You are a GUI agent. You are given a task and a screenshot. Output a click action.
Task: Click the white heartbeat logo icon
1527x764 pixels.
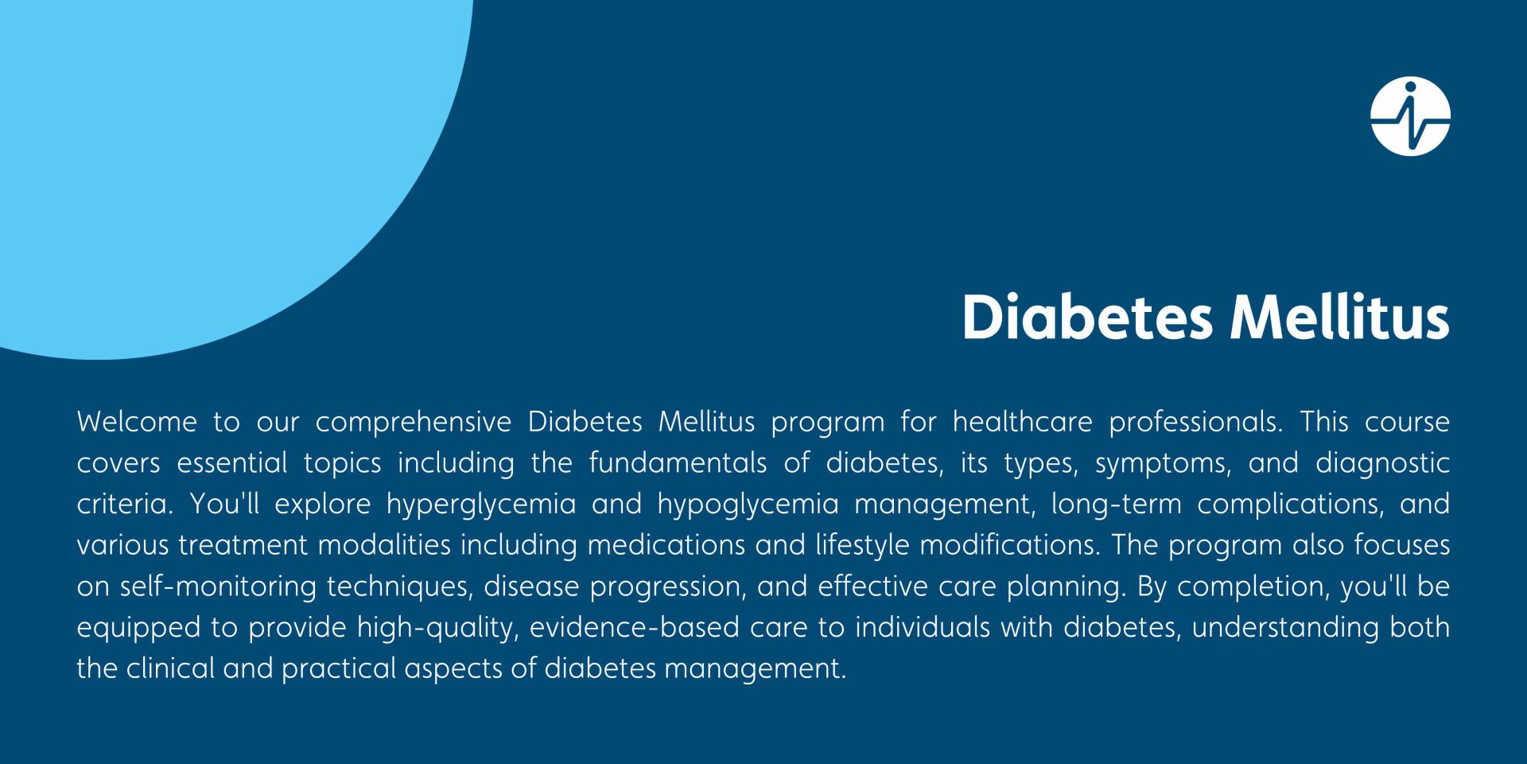(1410, 116)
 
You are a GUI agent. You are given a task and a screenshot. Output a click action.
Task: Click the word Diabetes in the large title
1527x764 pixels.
(1087, 318)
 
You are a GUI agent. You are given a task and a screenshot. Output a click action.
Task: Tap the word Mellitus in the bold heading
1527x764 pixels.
(1339, 318)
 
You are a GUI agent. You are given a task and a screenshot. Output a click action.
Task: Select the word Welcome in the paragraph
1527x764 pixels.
(137, 422)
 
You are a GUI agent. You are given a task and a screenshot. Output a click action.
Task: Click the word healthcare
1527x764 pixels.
(1022, 422)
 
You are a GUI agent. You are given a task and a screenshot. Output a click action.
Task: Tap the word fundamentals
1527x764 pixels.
(678, 463)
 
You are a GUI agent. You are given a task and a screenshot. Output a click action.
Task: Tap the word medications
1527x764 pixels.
(663, 546)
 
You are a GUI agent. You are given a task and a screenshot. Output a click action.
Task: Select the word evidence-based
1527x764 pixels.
(635, 629)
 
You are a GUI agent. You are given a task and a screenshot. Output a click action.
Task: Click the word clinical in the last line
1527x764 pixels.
(170, 669)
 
